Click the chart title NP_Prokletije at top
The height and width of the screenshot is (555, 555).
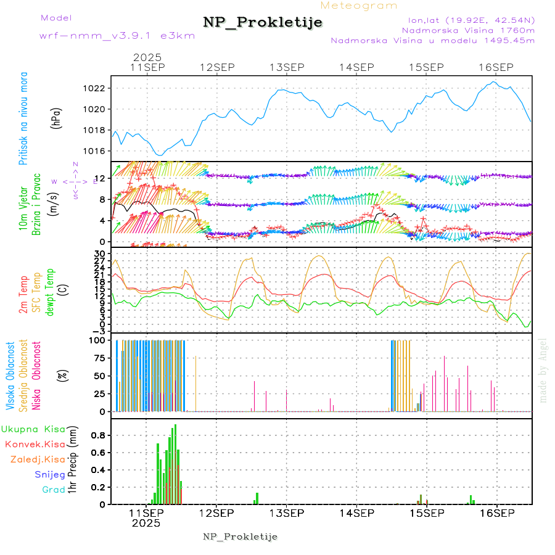point(263,23)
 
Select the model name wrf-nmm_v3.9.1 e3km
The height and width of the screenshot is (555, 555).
point(117,36)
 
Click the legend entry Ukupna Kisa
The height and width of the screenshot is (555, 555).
point(33,429)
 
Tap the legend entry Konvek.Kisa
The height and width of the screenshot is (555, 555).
point(35,444)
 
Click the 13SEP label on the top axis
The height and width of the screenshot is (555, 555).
point(287,67)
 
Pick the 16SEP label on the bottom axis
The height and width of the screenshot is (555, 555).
point(496,513)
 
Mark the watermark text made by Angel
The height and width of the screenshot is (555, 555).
point(543,370)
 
